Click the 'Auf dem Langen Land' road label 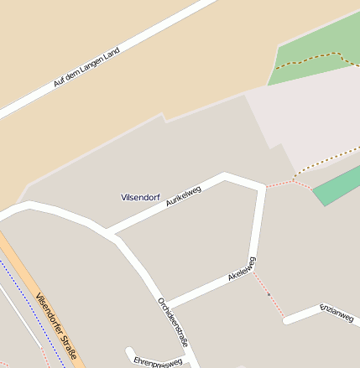86,67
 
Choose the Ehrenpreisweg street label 158,362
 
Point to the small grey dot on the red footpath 269,294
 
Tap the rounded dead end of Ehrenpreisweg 130,353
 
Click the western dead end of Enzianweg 287,320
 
